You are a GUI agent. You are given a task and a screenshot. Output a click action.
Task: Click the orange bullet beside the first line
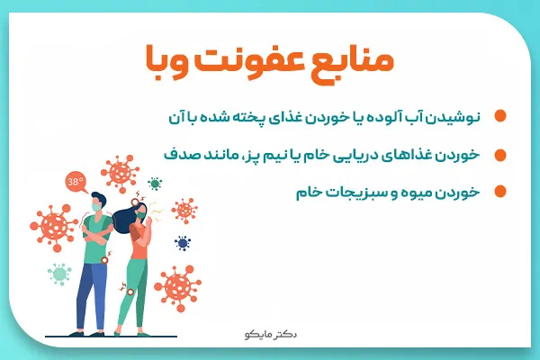(499, 117)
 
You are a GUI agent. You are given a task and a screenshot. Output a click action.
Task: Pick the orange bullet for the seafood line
(499, 154)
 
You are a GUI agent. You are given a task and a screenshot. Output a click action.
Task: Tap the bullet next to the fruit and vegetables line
(499, 191)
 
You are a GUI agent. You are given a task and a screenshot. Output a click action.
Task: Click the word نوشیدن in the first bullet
(458, 117)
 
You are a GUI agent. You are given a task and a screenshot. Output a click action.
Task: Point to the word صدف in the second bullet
(179, 154)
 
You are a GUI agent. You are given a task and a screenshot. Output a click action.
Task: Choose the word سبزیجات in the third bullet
(361, 191)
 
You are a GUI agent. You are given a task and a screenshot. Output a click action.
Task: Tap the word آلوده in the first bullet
(388, 117)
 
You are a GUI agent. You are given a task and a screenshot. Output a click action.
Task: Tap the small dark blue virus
(184, 243)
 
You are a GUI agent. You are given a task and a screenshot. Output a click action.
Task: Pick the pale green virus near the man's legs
(60, 273)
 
